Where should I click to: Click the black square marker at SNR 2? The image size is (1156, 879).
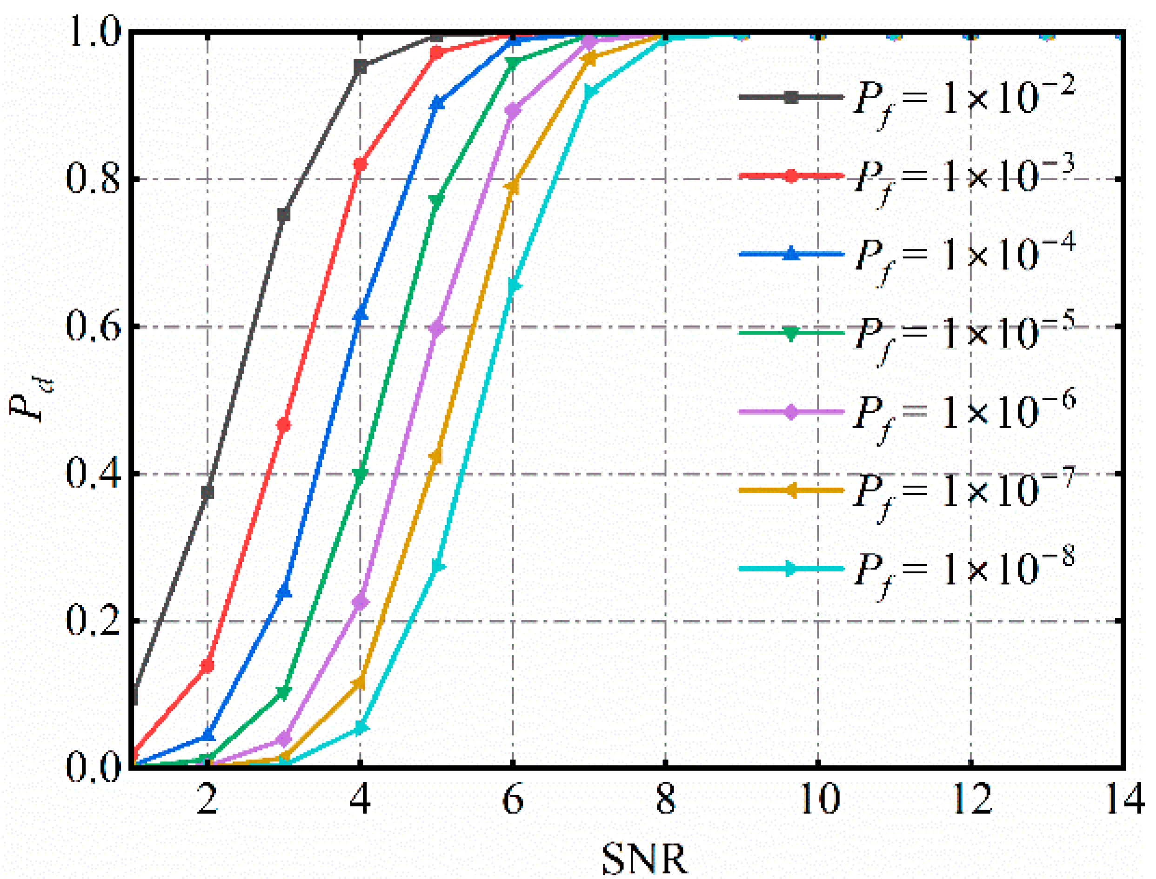[207, 492]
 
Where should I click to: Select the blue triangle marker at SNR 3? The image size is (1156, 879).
[284, 593]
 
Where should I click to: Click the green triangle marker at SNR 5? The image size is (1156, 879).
[436, 201]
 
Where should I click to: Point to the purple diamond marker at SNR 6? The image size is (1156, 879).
[513, 110]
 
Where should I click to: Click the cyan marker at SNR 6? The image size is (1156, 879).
[514, 286]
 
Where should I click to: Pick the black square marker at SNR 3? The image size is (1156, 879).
[284, 215]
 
